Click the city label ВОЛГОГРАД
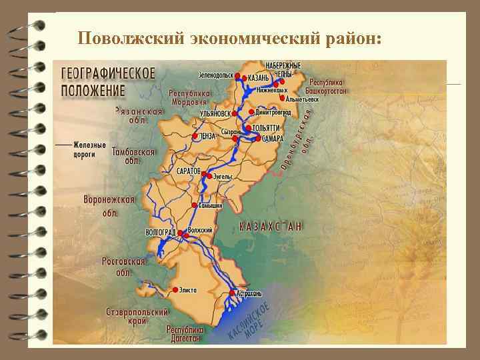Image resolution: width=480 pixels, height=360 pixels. click(x=160, y=232)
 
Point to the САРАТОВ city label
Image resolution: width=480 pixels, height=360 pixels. click(x=189, y=171)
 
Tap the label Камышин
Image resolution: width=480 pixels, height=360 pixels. click(x=211, y=206)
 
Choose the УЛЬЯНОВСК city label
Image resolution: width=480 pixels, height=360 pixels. click(x=218, y=114)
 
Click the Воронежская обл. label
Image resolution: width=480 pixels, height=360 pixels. click(x=109, y=206)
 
